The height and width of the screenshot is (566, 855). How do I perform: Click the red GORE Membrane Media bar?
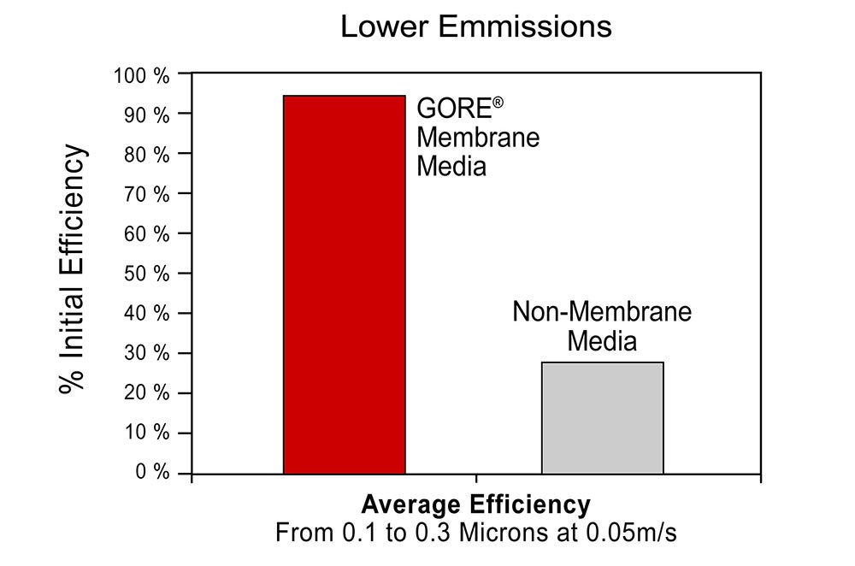[x=344, y=285]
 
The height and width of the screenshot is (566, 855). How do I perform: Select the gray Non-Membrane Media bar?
[x=603, y=418]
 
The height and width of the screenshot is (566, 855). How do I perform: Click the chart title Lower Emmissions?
[x=476, y=27]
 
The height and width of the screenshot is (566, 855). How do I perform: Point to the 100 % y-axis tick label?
[x=141, y=76]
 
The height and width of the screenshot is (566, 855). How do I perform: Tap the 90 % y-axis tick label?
[x=147, y=115]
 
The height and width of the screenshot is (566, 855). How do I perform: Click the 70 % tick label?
[x=147, y=194]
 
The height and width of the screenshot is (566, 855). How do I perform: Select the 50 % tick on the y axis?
[x=147, y=274]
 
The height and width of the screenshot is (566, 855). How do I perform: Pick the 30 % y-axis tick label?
[x=147, y=353]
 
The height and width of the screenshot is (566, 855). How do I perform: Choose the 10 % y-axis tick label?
[x=147, y=433]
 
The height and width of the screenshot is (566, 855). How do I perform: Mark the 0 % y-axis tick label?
[x=152, y=472]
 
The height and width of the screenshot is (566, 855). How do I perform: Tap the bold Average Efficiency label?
[x=475, y=504]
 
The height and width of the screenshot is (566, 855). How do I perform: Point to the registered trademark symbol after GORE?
[x=498, y=103]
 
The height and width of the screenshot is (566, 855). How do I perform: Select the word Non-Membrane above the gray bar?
[x=602, y=312]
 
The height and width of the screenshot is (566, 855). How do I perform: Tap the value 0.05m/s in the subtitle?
[x=632, y=533]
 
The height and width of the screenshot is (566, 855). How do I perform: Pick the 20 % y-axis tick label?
[x=147, y=392]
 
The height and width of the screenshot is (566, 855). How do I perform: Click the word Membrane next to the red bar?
[x=478, y=138]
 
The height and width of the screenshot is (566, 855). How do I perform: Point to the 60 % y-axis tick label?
[x=147, y=234]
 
